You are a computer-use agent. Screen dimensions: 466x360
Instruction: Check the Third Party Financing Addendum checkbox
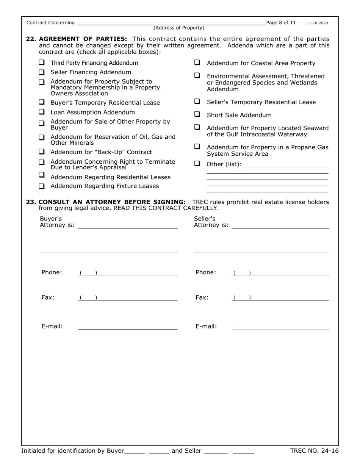42,63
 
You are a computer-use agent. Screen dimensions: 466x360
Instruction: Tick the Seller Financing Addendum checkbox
42,72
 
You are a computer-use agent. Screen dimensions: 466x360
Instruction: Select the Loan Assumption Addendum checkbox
42,112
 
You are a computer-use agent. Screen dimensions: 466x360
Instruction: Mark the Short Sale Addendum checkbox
197,114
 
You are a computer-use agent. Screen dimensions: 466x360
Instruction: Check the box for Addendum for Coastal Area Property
197,63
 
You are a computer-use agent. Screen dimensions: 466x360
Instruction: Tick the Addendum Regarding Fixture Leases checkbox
42,186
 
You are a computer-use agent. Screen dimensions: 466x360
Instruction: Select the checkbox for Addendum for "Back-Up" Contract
42,152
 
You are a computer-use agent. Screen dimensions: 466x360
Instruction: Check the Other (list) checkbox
197,164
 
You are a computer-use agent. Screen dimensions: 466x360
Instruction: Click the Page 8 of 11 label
281,23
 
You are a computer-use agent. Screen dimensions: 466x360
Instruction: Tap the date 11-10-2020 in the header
317,23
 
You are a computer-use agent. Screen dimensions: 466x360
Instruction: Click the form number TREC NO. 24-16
314,450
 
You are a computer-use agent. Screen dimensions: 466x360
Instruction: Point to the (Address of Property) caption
179,28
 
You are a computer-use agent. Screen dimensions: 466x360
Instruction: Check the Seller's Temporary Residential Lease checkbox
197,102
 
